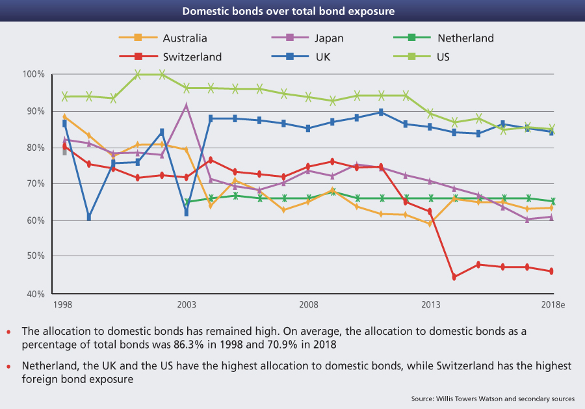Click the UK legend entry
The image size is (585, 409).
coord(322,57)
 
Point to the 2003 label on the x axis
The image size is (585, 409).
coord(187,305)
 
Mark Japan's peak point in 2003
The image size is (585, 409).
coord(187,105)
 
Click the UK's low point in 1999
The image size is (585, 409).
coord(89,217)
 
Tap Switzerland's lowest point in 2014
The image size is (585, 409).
coord(454,277)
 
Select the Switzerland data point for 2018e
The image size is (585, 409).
coord(551,271)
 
